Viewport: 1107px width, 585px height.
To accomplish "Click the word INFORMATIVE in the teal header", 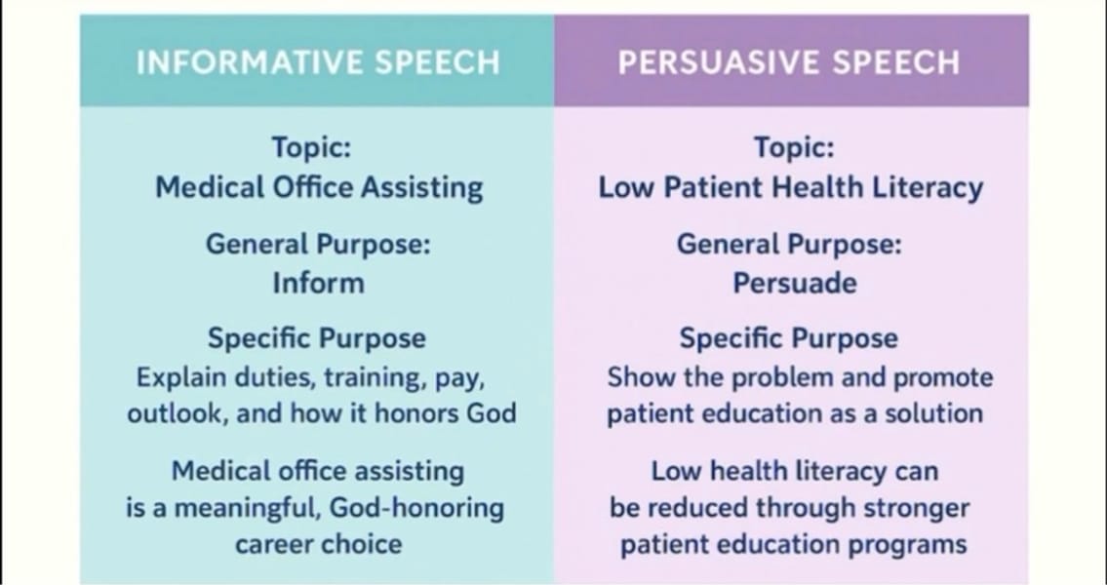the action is click(250, 62).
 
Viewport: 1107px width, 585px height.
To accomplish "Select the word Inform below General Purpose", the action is click(318, 283).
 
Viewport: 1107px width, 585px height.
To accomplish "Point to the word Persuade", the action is click(794, 283).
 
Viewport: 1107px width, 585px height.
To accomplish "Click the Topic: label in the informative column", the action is click(311, 147).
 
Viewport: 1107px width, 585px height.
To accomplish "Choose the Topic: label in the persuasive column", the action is click(794, 147).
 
